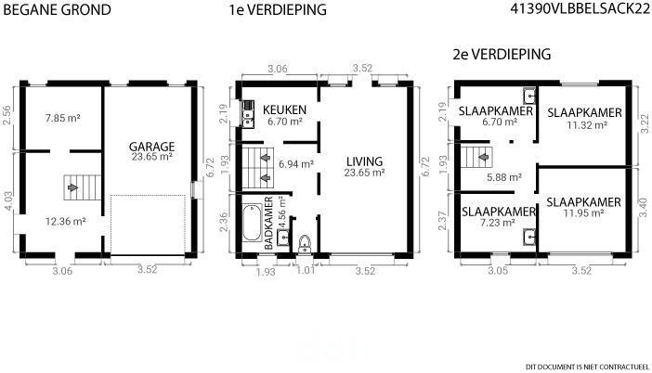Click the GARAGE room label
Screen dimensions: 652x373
(151, 147)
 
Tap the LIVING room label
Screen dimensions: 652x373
(364, 161)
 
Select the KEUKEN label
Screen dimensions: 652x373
(284, 110)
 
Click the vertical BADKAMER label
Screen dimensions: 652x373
(268, 224)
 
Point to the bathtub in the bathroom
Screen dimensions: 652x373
(252, 222)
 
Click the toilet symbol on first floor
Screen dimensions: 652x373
(305, 244)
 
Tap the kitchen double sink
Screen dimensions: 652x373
(248, 114)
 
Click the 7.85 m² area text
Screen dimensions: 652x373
(63, 119)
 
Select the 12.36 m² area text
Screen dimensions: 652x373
(65, 222)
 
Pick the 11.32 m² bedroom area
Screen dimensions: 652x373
(587, 125)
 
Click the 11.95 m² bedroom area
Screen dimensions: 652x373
(584, 213)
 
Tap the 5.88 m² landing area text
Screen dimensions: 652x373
(504, 178)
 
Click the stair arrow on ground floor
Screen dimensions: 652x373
(72, 187)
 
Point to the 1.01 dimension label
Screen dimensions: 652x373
(306, 271)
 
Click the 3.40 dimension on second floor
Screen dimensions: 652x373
(644, 207)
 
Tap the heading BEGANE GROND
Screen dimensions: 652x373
(57, 10)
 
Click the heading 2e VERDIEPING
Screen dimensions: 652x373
(502, 55)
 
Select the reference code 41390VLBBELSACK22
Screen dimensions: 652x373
(580, 9)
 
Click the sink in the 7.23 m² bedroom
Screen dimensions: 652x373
(529, 237)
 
